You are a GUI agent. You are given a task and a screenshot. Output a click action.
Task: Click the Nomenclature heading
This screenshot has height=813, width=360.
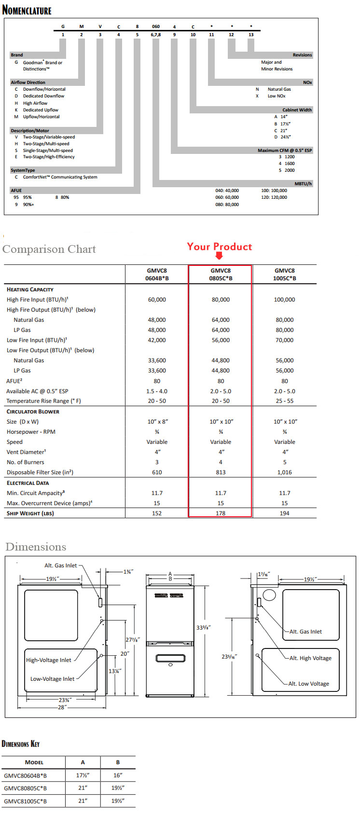[x=27, y=10]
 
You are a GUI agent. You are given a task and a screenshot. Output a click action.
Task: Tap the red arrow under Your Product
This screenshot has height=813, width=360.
[x=219, y=256]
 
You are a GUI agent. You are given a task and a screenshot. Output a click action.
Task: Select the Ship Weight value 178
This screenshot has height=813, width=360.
[x=221, y=513]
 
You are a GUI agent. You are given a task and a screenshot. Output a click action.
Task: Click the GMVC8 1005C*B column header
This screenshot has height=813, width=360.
[x=284, y=274]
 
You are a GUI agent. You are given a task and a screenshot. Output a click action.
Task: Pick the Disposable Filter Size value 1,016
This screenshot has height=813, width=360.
[x=284, y=472]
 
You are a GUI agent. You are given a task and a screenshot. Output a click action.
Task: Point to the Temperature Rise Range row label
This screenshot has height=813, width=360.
[x=43, y=401]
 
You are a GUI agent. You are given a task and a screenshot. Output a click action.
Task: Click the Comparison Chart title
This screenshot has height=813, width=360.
[x=49, y=249]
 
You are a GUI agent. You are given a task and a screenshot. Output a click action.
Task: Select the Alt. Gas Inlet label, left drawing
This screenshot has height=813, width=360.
[x=61, y=565]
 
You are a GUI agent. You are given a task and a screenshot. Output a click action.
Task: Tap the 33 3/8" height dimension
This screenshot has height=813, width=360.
[x=204, y=628]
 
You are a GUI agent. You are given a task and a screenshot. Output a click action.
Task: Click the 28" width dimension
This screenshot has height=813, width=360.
[x=62, y=707]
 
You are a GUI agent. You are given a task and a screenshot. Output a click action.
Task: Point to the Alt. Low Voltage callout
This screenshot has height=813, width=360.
[x=309, y=684]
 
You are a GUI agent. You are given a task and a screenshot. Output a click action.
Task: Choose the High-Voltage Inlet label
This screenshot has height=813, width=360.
[x=49, y=660]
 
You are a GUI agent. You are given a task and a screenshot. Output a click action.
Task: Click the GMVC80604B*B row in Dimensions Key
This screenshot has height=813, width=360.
[x=26, y=775]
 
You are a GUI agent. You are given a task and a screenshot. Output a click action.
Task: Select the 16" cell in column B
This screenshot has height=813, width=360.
[x=118, y=775]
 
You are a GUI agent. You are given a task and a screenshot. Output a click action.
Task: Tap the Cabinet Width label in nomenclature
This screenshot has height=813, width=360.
[x=297, y=110]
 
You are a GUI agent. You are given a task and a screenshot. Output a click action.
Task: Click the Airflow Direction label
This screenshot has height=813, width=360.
[x=28, y=83]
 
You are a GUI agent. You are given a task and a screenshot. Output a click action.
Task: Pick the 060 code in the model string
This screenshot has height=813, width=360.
[x=156, y=27]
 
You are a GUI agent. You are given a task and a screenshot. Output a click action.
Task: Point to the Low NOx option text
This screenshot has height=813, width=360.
[x=277, y=96]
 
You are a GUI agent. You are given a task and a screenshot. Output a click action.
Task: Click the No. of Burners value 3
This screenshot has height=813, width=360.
[x=157, y=462]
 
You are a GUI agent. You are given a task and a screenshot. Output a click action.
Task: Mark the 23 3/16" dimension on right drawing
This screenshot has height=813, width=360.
[x=229, y=657]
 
